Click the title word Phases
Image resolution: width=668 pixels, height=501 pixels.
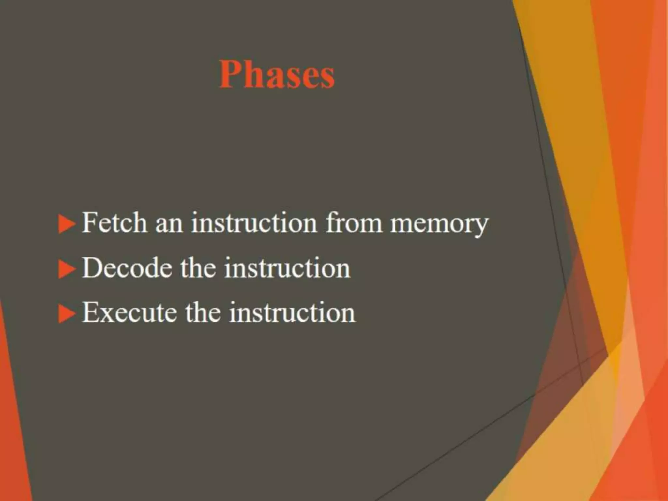click(277, 75)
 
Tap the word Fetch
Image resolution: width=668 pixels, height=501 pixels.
click(114, 223)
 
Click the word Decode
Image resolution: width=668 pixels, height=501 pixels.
click(127, 268)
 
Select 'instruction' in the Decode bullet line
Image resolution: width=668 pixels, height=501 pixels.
click(287, 268)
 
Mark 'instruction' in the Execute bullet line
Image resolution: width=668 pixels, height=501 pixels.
click(292, 312)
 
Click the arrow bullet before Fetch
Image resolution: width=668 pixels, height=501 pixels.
click(67, 224)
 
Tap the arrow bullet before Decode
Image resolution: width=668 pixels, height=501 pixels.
click(67, 269)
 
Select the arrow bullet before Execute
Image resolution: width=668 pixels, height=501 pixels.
click(67, 314)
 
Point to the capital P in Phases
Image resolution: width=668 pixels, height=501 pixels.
click(231, 74)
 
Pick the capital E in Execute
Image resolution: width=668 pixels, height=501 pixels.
click(91, 312)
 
